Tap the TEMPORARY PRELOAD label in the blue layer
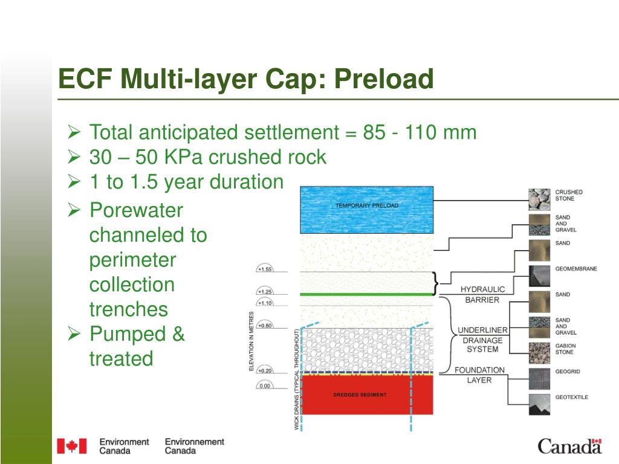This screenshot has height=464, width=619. click(367, 206)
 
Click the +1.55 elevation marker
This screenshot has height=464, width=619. click(265, 269)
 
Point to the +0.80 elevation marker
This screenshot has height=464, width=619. click(265, 326)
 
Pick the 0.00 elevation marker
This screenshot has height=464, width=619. click(265, 385)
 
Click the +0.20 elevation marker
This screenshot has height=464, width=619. click(265, 370)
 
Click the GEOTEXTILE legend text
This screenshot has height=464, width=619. click(571, 397)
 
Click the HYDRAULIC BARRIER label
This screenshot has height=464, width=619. click(482, 294)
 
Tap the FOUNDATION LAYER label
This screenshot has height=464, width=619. click(479, 375)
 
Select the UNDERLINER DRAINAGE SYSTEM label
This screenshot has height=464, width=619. click(482, 340)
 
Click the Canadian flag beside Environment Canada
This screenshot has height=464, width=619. click(72, 446)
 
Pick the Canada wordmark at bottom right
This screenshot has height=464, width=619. click(569, 446)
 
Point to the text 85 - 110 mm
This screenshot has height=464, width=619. click(420, 132)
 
